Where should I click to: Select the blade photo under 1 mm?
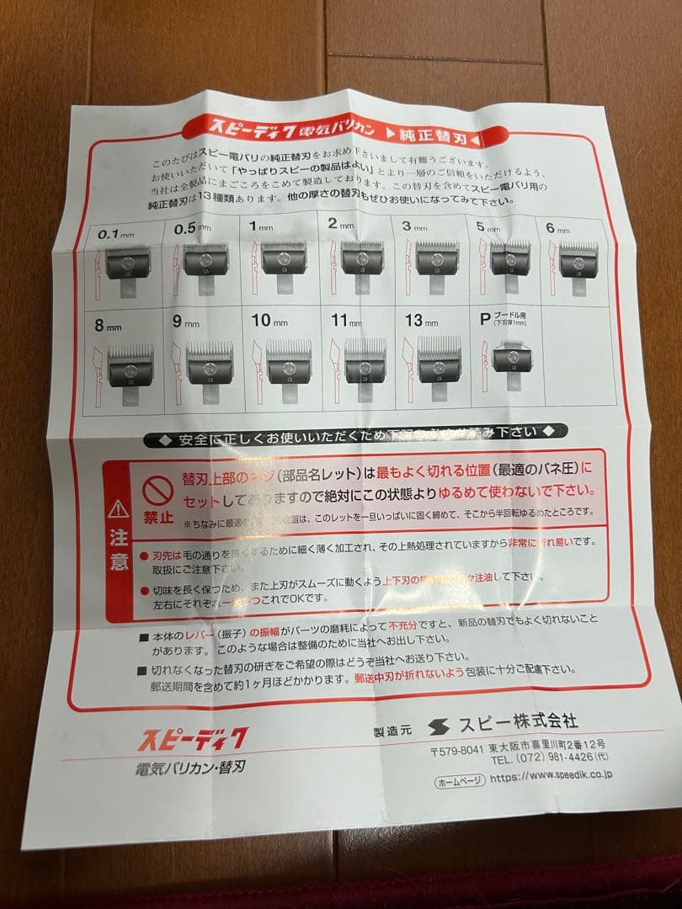pos(284,258)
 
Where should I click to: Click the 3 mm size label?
pos(417,227)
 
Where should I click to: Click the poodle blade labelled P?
pos(513,357)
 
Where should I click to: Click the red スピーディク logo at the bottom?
pos(193,740)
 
